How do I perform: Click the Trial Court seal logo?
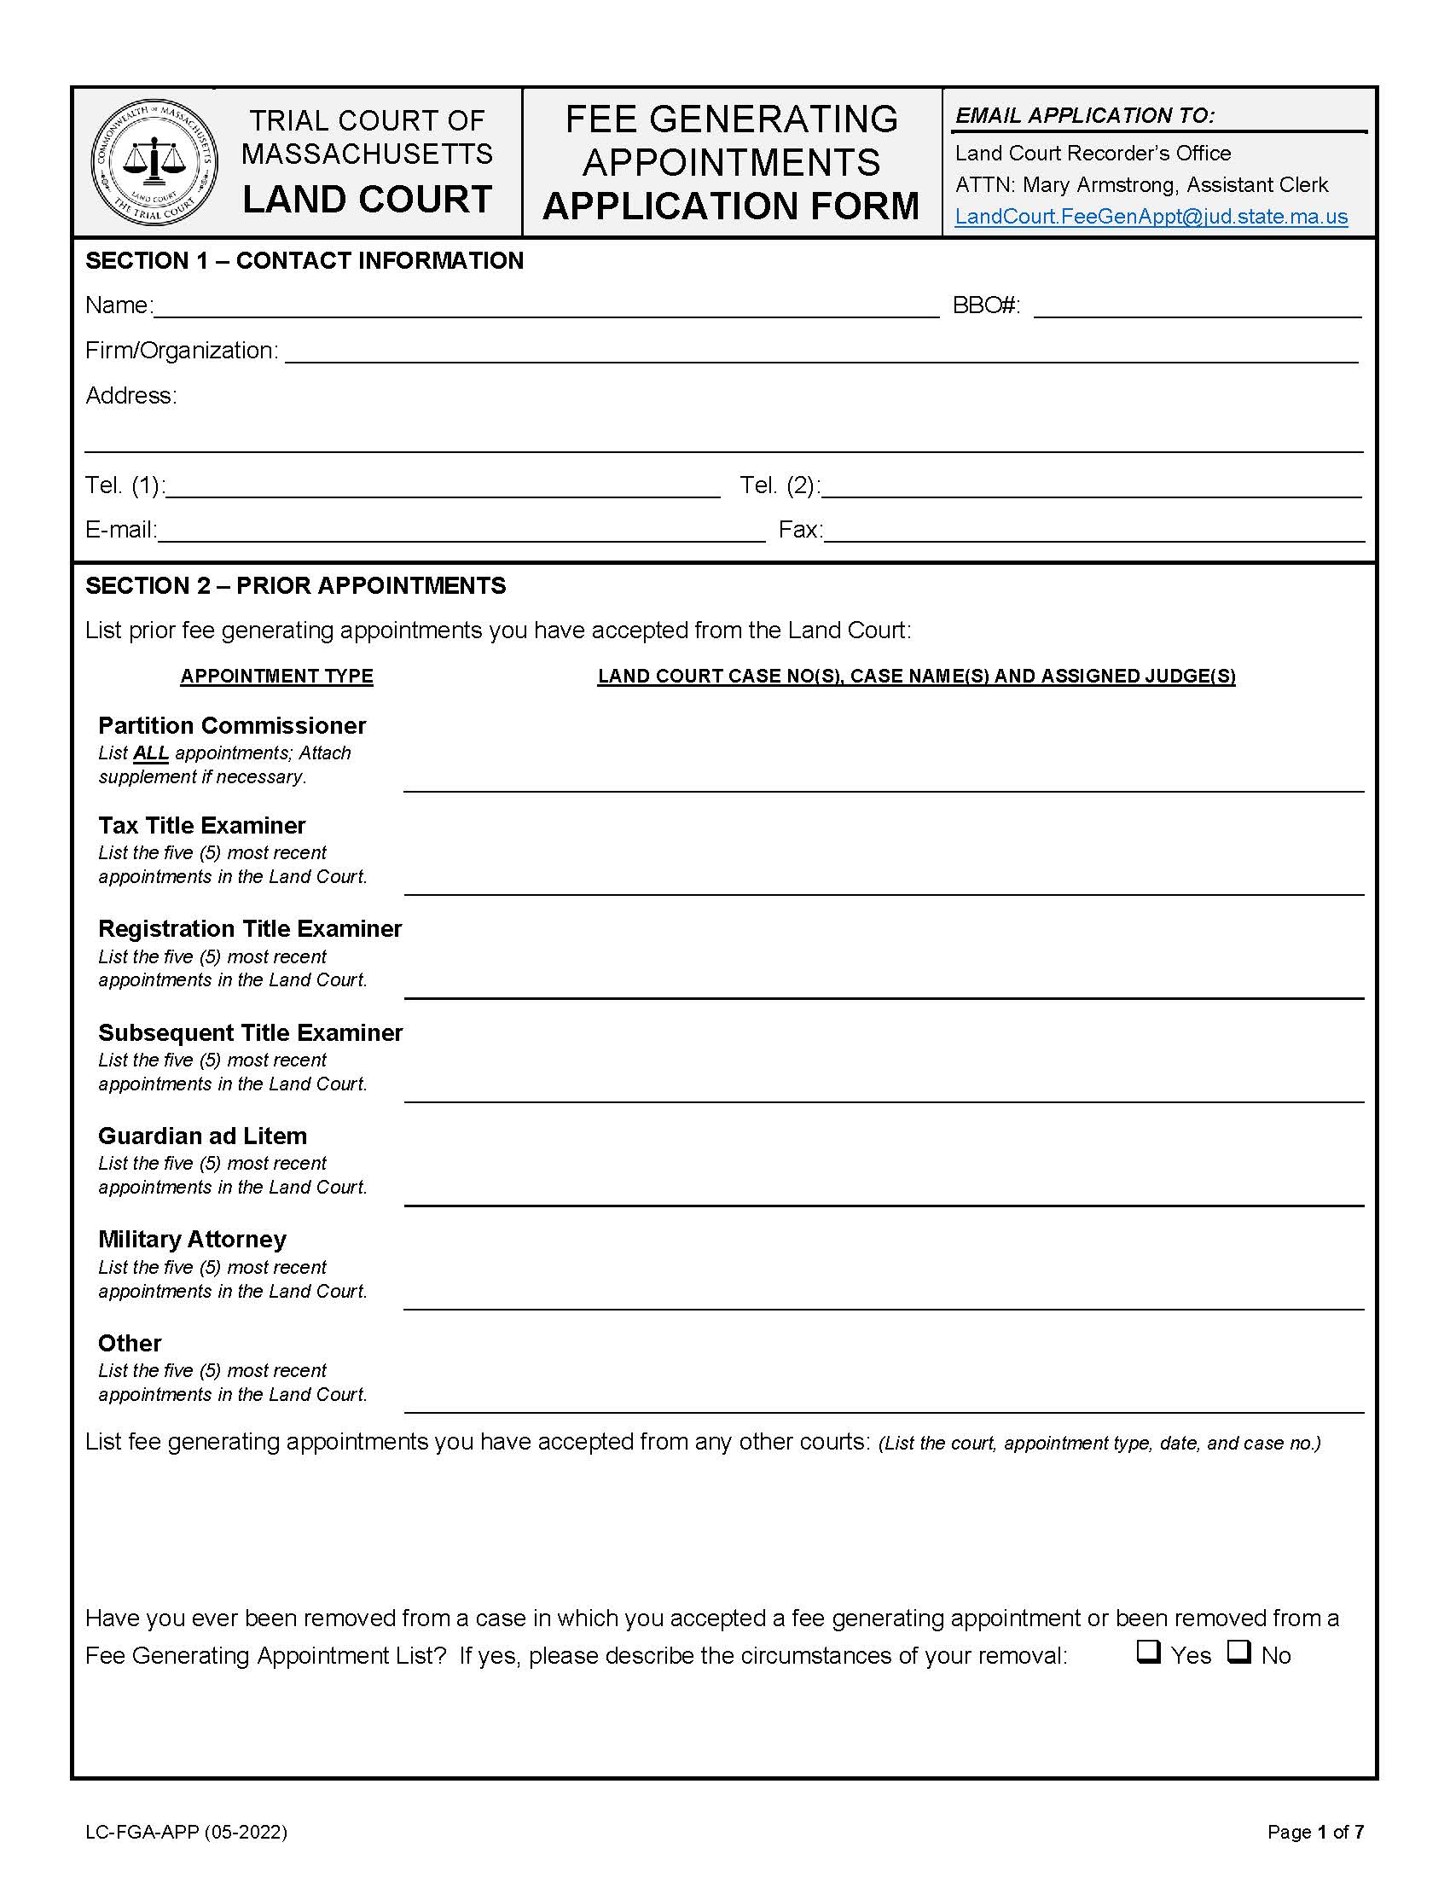[154, 162]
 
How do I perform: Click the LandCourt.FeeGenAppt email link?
[1151, 217]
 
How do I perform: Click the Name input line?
[546, 308]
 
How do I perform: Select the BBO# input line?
[1197, 308]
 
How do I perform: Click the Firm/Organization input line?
[821, 352]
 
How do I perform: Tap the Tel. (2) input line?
[1091, 487]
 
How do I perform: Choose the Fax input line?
[1093, 532]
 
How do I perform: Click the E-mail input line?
[461, 532]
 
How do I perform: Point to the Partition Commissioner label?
[232, 725]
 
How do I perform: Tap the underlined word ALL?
[151, 753]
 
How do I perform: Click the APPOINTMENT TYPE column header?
[276, 677]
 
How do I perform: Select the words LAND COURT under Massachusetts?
[367, 200]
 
